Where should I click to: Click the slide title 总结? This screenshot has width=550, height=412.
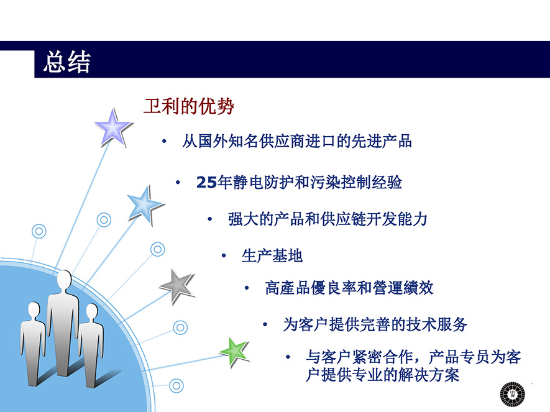point(66,62)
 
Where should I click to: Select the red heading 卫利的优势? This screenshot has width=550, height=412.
point(189,106)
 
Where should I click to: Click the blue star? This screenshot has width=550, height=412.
point(145,206)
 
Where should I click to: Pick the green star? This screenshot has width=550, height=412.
point(234,352)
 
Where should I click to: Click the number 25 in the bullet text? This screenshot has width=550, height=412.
point(206,183)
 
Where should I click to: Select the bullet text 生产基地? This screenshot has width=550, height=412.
point(272,255)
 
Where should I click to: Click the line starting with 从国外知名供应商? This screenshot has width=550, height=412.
point(296,141)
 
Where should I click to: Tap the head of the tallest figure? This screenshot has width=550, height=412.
point(65,280)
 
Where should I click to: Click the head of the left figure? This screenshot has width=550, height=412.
point(34,309)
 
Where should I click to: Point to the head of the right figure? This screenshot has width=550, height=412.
point(92,311)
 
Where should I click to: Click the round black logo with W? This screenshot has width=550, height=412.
point(513,395)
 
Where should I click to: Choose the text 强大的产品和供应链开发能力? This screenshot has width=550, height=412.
point(328,219)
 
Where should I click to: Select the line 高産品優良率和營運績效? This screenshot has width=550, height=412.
point(349,288)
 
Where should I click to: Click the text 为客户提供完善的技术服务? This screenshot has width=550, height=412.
point(375,324)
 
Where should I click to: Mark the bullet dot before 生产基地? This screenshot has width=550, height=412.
point(224,255)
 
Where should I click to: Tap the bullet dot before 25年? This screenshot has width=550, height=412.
point(178,182)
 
